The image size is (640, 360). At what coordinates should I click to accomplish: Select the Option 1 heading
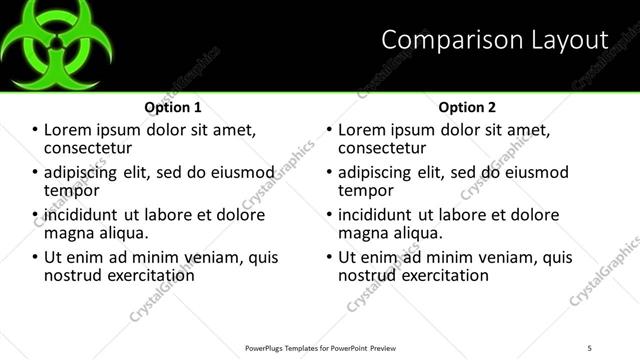point(173,107)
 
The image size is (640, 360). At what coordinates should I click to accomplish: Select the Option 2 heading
point(467,107)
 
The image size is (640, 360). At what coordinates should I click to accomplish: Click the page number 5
point(589,347)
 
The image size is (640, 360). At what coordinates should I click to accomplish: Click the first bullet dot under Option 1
point(36,130)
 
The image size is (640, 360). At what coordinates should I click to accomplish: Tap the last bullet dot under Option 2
point(330,257)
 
